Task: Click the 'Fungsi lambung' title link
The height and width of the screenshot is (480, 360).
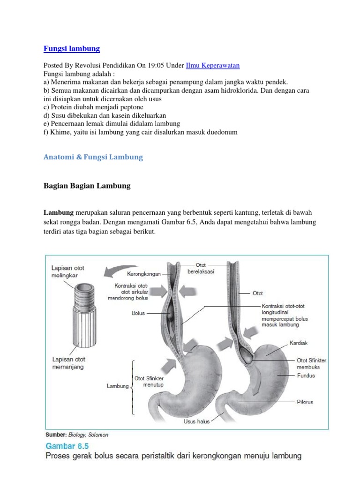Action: coord(72,49)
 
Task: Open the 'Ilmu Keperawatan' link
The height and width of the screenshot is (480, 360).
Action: coord(213,66)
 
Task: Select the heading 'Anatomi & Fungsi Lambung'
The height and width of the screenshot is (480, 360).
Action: coord(93,157)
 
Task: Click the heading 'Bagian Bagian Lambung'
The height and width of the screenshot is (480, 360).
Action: coord(87,186)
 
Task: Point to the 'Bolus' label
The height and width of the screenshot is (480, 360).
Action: coord(139,313)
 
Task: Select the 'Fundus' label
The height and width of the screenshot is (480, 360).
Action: coord(306,375)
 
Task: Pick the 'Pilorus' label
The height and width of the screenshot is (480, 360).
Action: coord(305,402)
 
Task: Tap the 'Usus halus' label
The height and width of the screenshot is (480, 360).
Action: coord(196,421)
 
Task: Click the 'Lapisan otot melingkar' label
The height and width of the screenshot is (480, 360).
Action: coord(68,272)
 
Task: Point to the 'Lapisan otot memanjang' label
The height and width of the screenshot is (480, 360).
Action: coord(68,363)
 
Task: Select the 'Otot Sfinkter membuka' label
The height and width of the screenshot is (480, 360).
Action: coord(312,364)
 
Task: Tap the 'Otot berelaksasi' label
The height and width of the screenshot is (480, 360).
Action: coord(201,269)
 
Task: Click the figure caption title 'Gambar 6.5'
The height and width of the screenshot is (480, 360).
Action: coord(67,445)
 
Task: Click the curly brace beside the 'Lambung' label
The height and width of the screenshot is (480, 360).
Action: coord(133,387)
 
